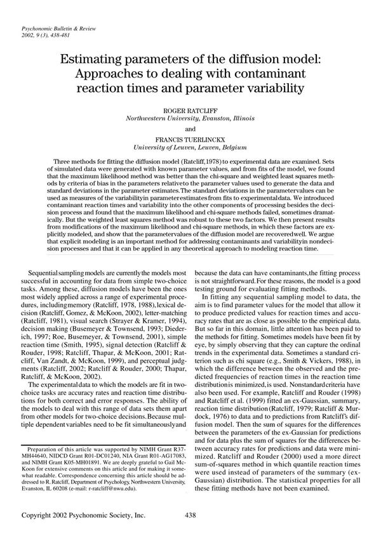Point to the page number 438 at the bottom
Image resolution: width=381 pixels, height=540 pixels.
point(192,518)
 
